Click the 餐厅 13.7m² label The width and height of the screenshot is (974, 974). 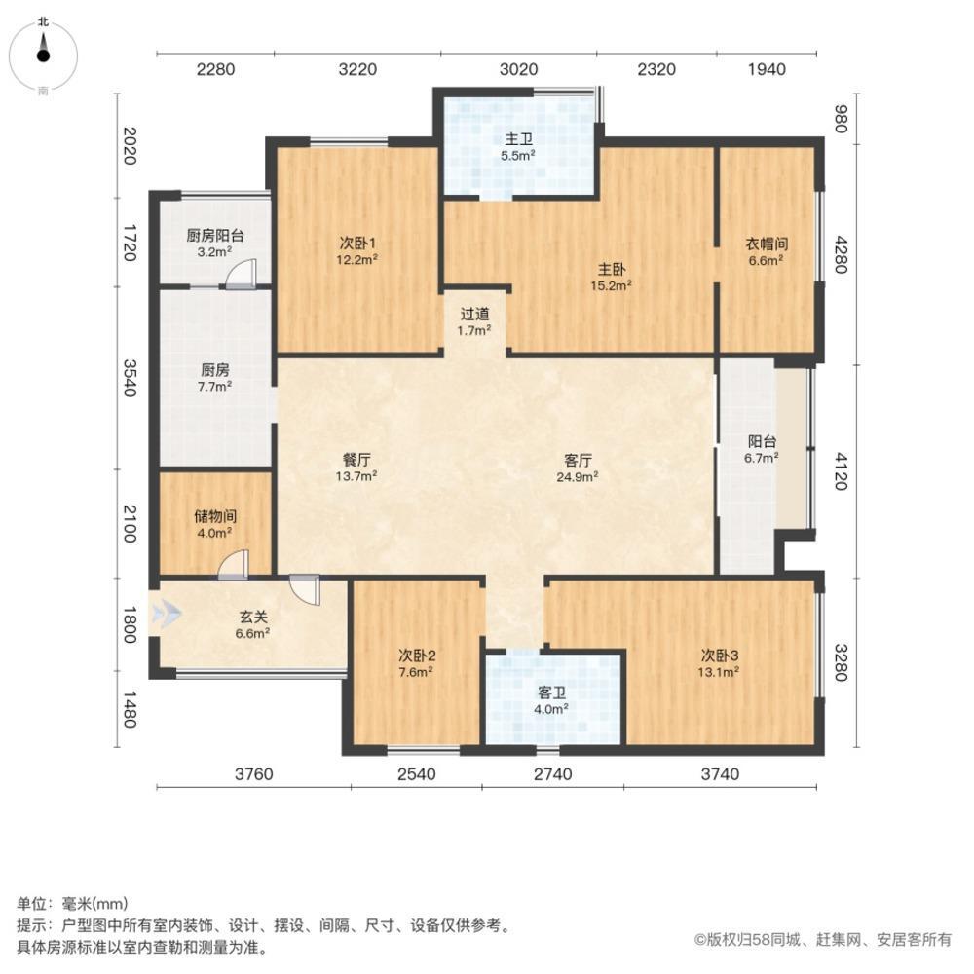click(356, 467)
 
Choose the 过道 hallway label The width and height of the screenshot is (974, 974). click(474, 321)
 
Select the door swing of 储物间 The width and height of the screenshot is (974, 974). click(234, 566)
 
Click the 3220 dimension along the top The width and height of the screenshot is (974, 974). click(356, 69)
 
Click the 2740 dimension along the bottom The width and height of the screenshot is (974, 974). click(553, 774)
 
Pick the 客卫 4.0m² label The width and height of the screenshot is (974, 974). click(552, 700)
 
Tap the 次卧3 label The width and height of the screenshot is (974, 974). click(720, 661)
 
